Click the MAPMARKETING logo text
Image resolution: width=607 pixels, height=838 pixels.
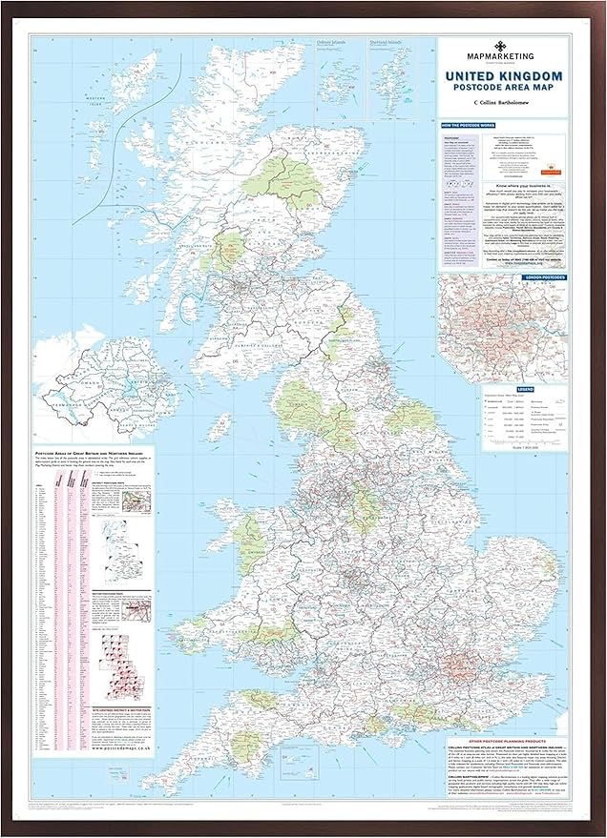pyautogui.click(x=501, y=56)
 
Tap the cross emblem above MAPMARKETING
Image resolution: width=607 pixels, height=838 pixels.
pyautogui.click(x=501, y=45)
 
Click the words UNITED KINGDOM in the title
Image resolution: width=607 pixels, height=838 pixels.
pyautogui.click(x=501, y=75)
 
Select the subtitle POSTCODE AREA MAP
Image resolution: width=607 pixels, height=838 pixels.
pyautogui.click(x=501, y=88)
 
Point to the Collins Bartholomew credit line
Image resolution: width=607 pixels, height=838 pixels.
pyautogui.click(x=501, y=101)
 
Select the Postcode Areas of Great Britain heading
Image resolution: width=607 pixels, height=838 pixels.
pyautogui.click(x=91, y=453)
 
